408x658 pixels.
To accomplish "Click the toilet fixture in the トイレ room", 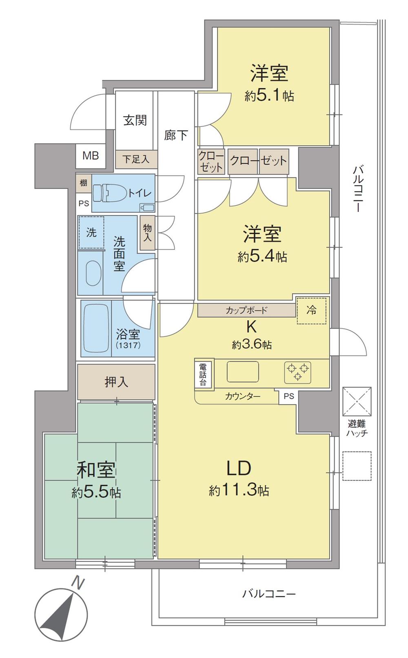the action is (x=109, y=193).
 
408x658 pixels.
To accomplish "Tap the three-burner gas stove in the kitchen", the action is (x=297, y=372).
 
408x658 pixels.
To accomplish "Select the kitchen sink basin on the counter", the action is (x=243, y=371).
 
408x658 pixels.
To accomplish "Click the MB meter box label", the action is (x=91, y=156).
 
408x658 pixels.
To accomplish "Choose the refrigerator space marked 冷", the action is (x=312, y=311).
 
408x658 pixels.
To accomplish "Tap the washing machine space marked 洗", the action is (x=91, y=232).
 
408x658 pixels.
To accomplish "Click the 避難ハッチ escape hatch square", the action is (x=357, y=402).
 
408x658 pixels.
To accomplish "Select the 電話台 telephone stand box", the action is (x=203, y=374).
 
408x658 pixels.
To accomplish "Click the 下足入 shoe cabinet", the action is (x=136, y=159).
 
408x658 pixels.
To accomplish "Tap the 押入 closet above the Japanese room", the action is (x=116, y=382).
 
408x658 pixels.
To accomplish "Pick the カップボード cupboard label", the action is (x=246, y=310).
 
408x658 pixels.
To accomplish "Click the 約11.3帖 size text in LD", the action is (x=239, y=490).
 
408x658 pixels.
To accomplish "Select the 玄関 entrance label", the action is (x=135, y=120).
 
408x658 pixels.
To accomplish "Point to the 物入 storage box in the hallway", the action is (x=147, y=233).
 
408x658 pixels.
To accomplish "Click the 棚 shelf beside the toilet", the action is (x=83, y=183).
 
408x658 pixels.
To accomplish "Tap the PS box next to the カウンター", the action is (x=289, y=396).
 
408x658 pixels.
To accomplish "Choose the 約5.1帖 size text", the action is (x=269, y=96).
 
